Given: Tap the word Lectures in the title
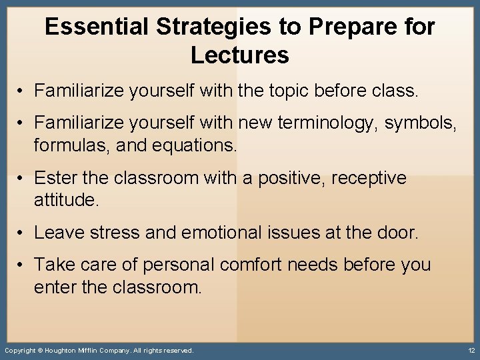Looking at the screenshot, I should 239,55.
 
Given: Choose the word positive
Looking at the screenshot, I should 283,178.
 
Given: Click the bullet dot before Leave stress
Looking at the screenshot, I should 22,233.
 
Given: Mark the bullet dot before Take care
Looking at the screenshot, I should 22,265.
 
